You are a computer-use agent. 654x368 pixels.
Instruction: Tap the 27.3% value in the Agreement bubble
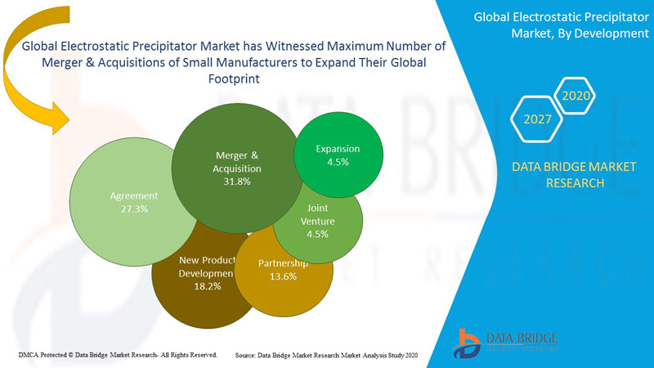pos(134,210)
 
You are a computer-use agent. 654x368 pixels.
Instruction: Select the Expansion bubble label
pos(338,150)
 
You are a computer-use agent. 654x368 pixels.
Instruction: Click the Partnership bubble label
pos(283,263)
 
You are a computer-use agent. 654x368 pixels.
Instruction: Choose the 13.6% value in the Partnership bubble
pos(283,276)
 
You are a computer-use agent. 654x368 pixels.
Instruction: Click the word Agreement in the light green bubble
pos(134,196)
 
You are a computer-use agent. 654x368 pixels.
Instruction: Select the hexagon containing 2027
pos(537,119)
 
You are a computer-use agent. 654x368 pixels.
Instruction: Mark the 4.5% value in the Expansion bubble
pos(338,162)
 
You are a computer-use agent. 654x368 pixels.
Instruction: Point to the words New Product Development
pos(207,267)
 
